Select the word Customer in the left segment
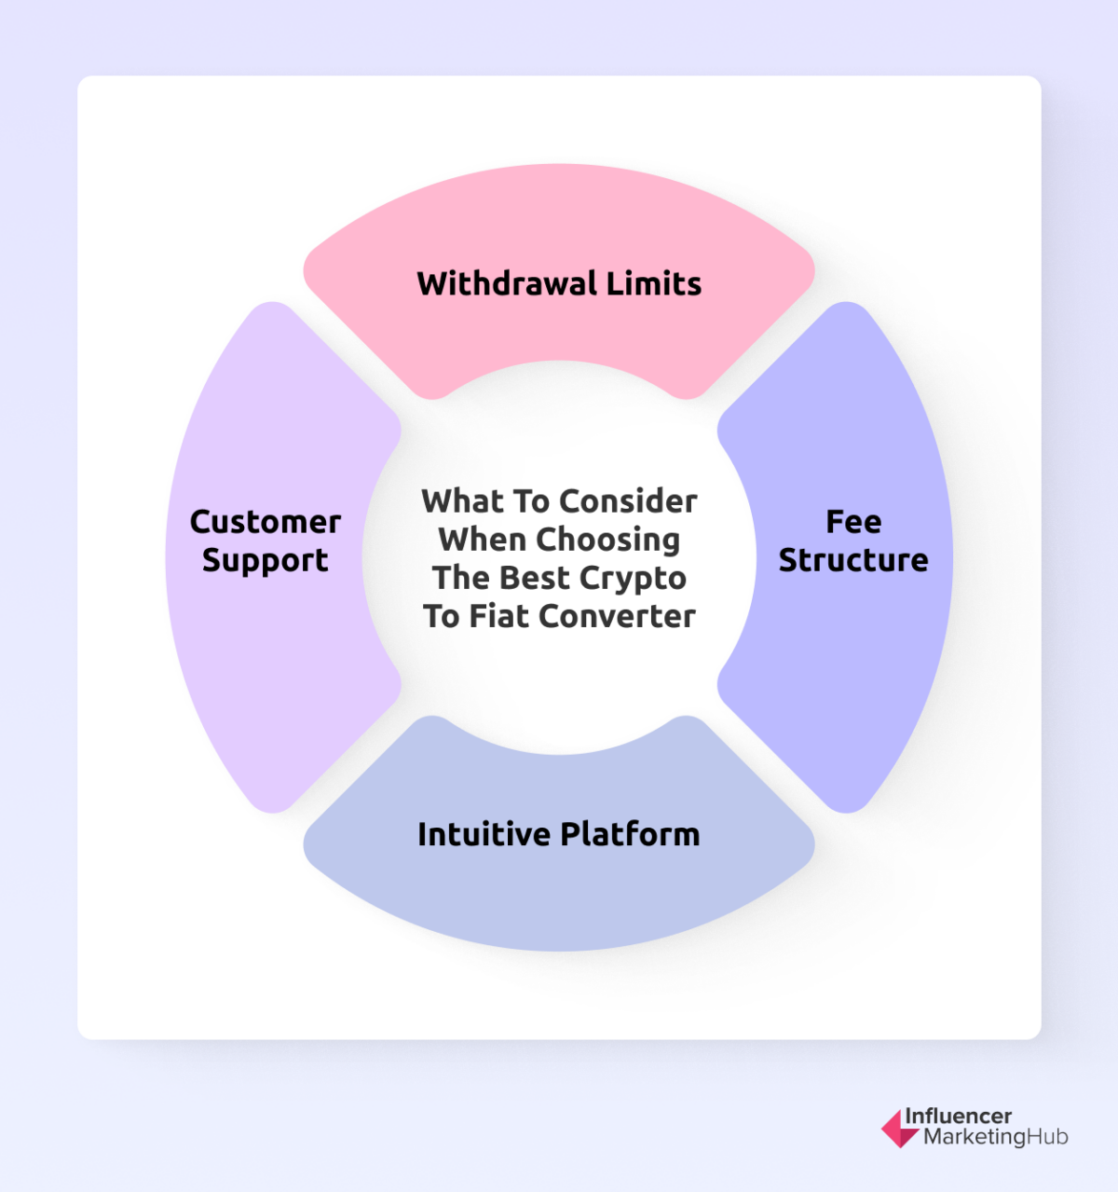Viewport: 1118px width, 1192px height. pyautogui.click(x=266, y=522)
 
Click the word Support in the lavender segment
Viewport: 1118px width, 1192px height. pyautogui.click(x=266, y=561)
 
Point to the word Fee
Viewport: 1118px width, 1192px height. pyautogui.click(x=853, y=522)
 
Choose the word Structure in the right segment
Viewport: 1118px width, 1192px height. pyautogui.click(x=853, y=560)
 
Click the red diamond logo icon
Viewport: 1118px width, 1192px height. pyautogui.click(x=899, y=1128)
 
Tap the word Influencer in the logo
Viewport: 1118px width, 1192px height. pyautogui.click(x=958, y=1117)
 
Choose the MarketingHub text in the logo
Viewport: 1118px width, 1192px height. pyautogui.click(x=995, y=1137)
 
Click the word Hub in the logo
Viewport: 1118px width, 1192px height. pyautogui.click(x=1047, y=1137)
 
